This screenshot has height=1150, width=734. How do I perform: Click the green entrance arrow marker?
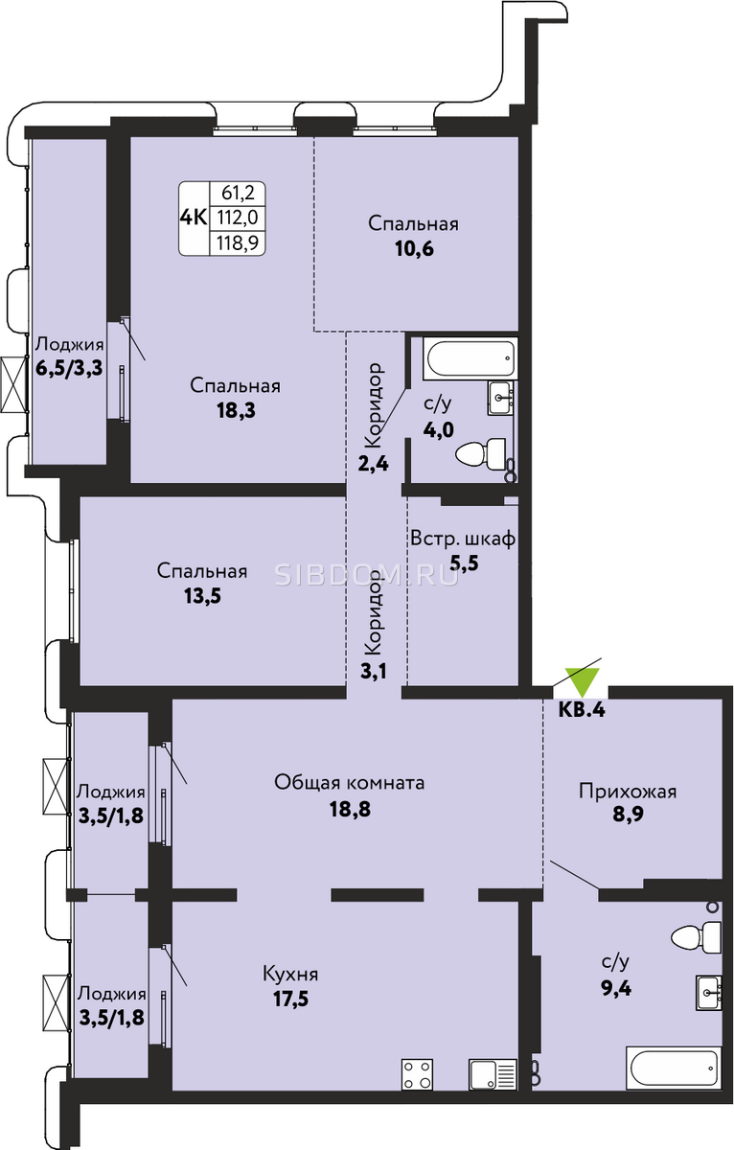[582, 681]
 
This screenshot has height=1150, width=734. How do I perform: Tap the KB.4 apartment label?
[582, 710]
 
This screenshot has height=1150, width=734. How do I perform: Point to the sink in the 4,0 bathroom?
[500, 398]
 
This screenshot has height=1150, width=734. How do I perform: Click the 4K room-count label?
[194, 218]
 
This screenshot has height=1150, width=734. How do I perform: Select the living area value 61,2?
[239, 193]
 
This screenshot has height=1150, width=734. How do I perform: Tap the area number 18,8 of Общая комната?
[350, 810]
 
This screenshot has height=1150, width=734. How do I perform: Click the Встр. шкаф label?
[463, 539]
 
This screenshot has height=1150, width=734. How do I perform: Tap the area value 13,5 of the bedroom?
[202, 595]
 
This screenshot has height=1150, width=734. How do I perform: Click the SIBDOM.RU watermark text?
[367, 576]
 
